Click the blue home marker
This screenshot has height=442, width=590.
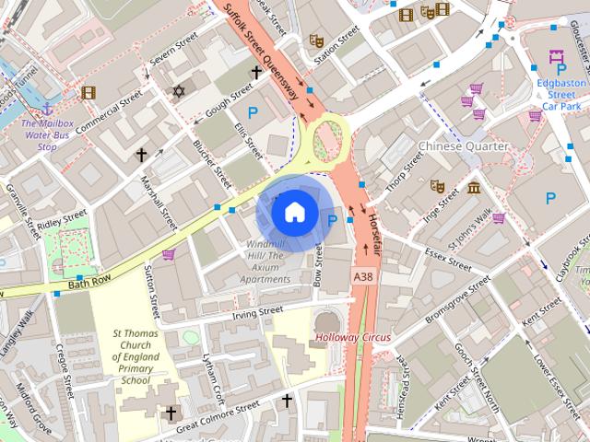[293, 213]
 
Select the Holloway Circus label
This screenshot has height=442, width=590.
[353, 337]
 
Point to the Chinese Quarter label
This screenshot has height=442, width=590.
[463, 146]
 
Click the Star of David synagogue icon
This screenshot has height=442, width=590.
[179, 91]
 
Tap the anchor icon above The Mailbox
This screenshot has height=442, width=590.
[48, 109]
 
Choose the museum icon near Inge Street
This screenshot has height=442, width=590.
[474, 189]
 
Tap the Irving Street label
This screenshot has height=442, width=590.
[257, 311]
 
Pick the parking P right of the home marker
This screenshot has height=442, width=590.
[333, 219]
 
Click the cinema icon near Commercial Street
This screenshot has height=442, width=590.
[88, 92]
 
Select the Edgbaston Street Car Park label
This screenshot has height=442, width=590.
[562, 94]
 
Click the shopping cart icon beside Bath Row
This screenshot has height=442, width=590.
[169, 254]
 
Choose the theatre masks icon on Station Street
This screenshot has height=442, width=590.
[315, 41]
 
